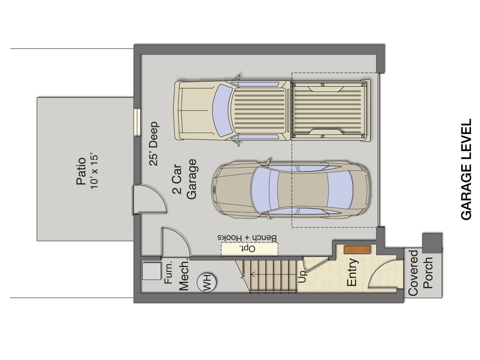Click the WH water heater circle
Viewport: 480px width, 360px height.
point(207,283)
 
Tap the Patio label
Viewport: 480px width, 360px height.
point(81,171)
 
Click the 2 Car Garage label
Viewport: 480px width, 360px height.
point(184,179)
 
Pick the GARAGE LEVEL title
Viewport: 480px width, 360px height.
point(466,169)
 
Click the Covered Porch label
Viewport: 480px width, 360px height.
point(420,273)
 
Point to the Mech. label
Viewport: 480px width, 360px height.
point(184,276)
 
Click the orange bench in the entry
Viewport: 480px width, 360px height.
point(357,250)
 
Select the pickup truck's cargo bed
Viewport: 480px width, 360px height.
point(330,110)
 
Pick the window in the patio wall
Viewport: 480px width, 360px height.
point(137,122)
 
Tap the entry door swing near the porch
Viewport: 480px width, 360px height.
point(383,273)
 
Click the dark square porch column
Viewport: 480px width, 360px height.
point(432,242)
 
